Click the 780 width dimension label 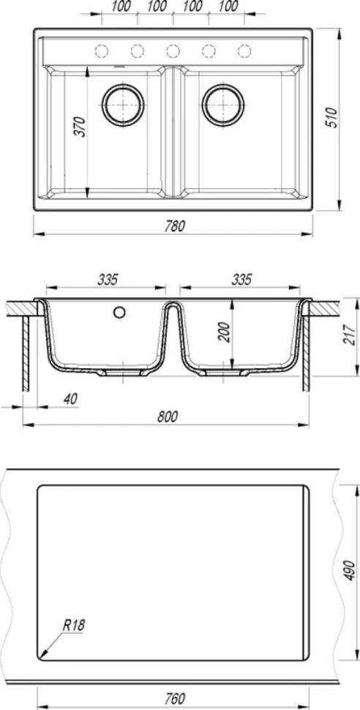coord(175,226)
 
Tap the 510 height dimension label coord(332,118)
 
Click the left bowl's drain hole coord(123,105)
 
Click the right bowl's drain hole coord(223,105)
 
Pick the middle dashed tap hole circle coord(173,52)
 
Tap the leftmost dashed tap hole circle coord(102,52)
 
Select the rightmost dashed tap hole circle coord(244,52)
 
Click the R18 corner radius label coord(73,626)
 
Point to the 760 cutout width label coord(175,698)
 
